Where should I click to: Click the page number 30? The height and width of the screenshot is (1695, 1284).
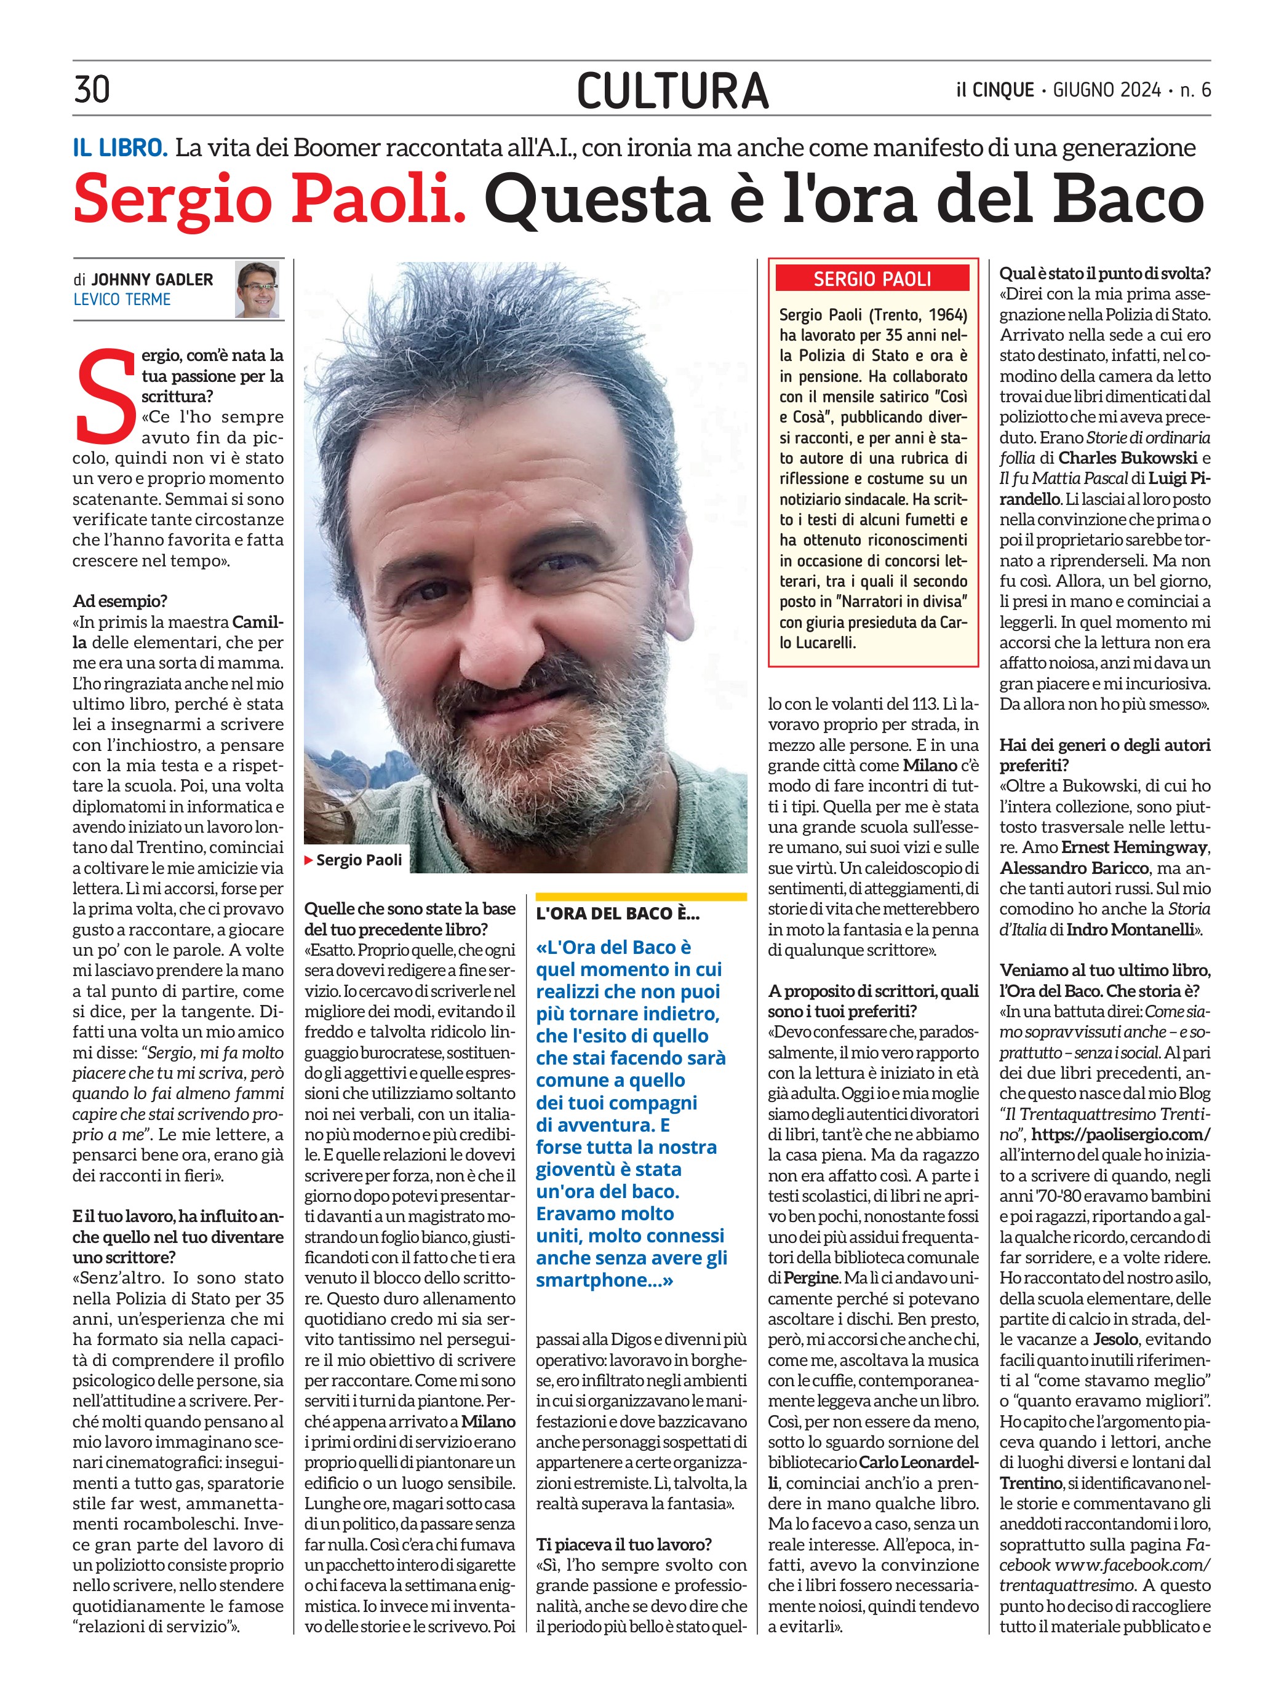tap(92, 89)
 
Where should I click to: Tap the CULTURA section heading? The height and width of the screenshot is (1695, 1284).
tap(672, 90)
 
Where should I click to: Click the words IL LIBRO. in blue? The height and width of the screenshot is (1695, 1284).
tap(121, 148)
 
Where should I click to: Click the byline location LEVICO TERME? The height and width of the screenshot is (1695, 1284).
tap(122, 300)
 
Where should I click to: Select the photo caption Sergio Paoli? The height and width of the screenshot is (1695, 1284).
tap(359, 860)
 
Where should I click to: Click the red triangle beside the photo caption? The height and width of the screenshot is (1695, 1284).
tap(309, 860)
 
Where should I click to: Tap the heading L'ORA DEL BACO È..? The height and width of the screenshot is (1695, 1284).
tap(618, 913)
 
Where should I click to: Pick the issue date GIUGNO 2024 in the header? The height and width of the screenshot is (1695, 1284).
tap(1107, 90)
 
